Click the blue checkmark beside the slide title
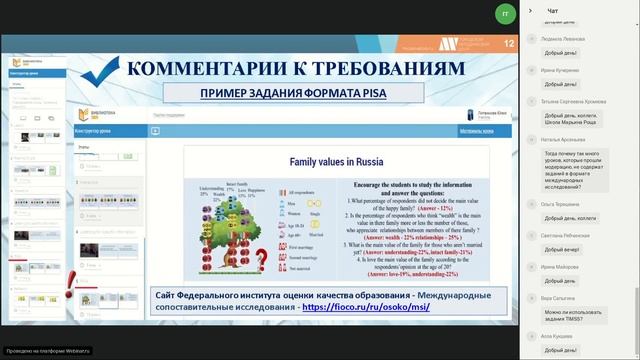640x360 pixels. click(x=100, y=71)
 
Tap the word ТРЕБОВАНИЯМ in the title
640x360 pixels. click(x=390, y=68)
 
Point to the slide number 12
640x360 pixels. click(x=509, y=43)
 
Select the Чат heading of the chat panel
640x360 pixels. click(x=552, y=10)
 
